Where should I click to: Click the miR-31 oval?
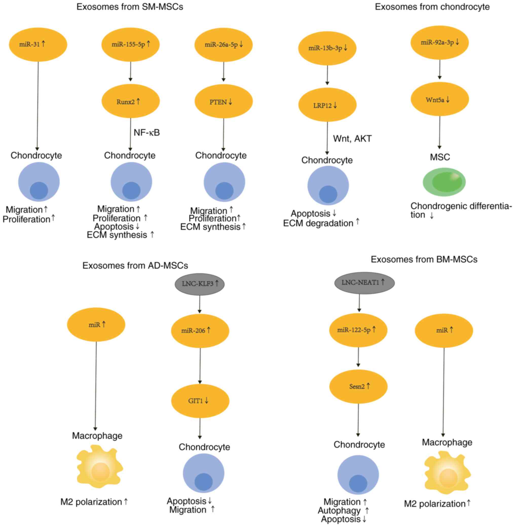38,44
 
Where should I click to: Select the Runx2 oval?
130,101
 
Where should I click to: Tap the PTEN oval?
224,102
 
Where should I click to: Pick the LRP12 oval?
327,105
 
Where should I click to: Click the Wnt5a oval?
439,100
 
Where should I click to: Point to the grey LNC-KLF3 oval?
200,284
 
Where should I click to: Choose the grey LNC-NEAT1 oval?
364,282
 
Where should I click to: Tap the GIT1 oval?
200,401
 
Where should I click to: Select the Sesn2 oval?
358,386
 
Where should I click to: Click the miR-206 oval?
200,330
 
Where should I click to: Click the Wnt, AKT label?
352,138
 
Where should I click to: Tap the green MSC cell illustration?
444,182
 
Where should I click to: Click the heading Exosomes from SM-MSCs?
130,7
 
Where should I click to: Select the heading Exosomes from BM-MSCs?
424,259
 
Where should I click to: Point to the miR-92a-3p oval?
439,43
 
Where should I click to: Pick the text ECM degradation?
318,223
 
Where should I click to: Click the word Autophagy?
339,510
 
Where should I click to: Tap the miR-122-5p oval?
358,330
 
